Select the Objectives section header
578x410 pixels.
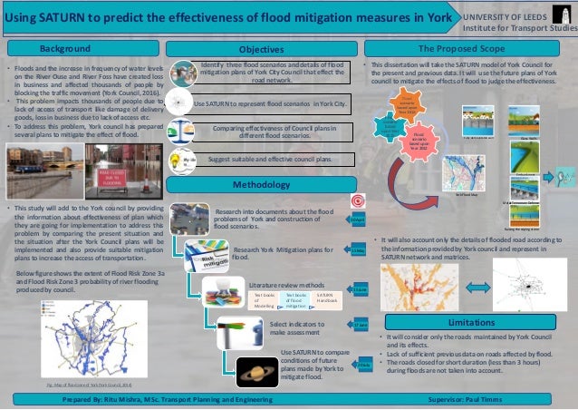(x=262, y=48)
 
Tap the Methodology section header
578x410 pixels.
(x=262, y=184)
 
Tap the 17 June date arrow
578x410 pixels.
(x=361, y=325)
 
